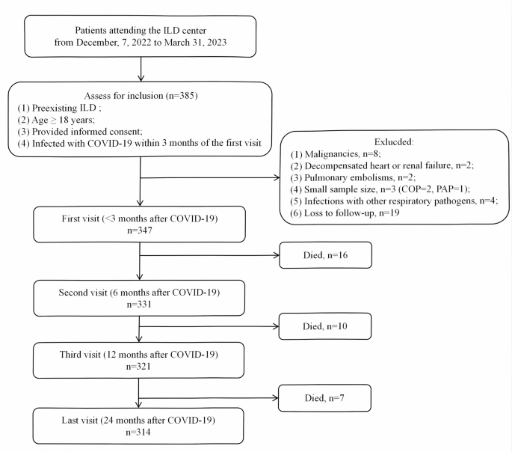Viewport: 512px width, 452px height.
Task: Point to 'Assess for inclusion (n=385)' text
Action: (141, 96)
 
